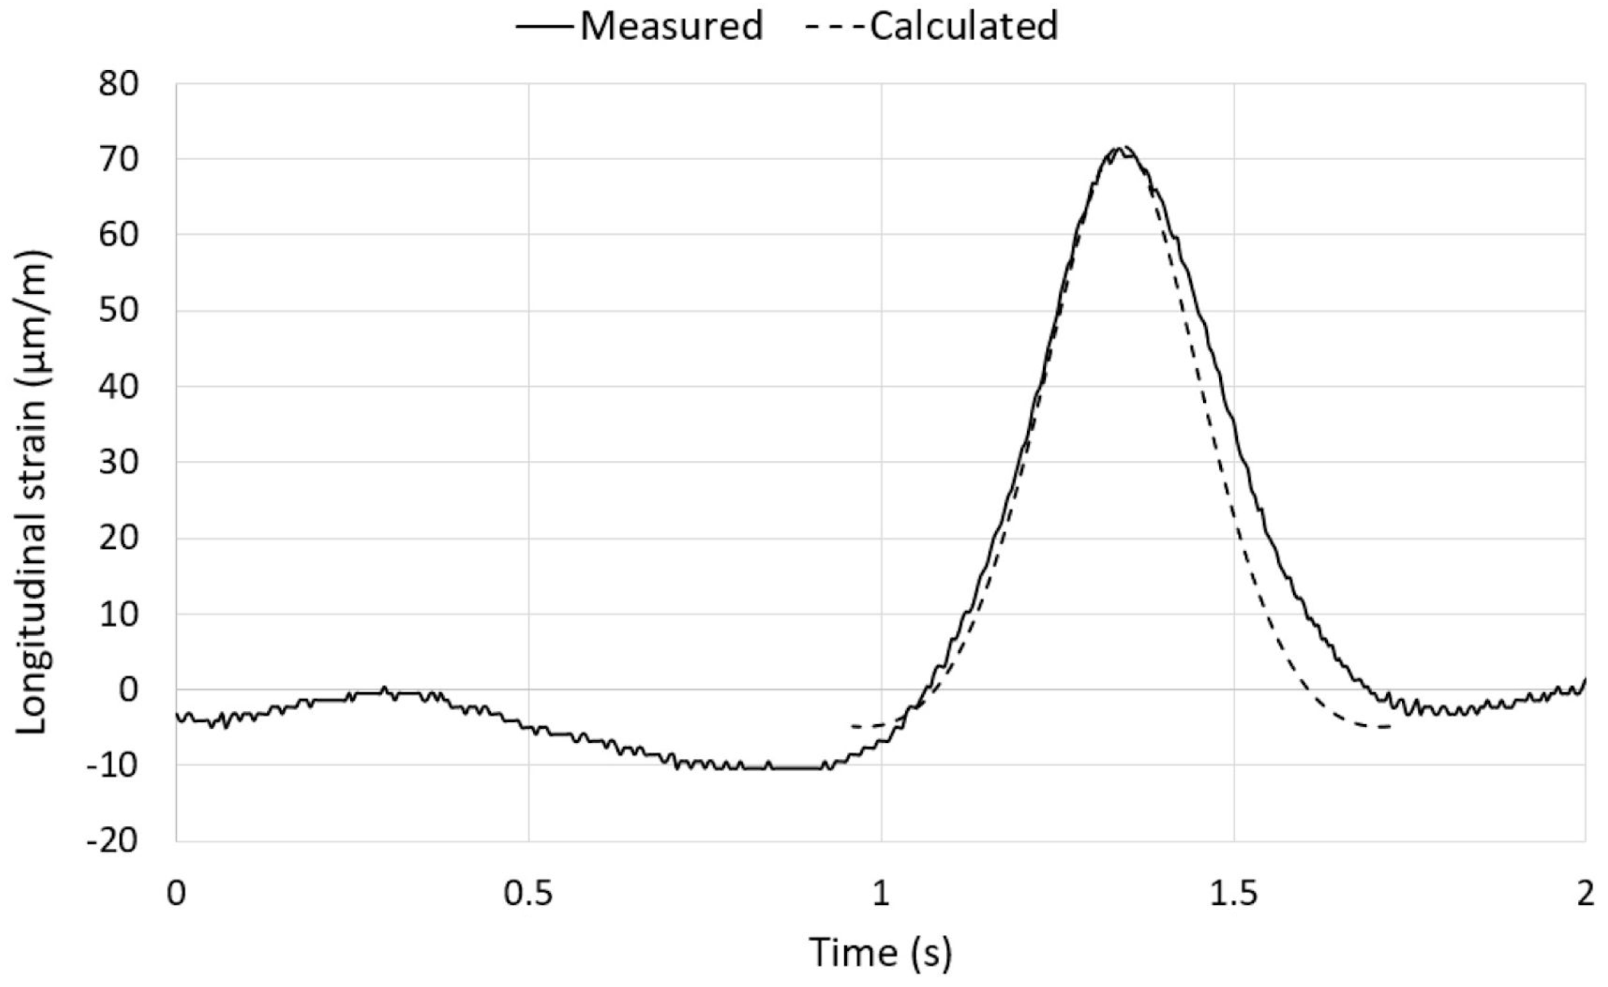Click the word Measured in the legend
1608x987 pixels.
(x=671, y=27)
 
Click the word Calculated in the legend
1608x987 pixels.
(x=964, y=27)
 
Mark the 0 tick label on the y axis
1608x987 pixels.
(x=128, y=690)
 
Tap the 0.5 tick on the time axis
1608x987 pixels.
(x=528, y=894)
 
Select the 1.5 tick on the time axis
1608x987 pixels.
(x=1233, y=894)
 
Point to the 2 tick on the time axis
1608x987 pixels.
(x=1585, y=894)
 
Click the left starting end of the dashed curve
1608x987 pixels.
(x=853, y=726)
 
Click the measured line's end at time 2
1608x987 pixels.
(x=1585, y=679)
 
